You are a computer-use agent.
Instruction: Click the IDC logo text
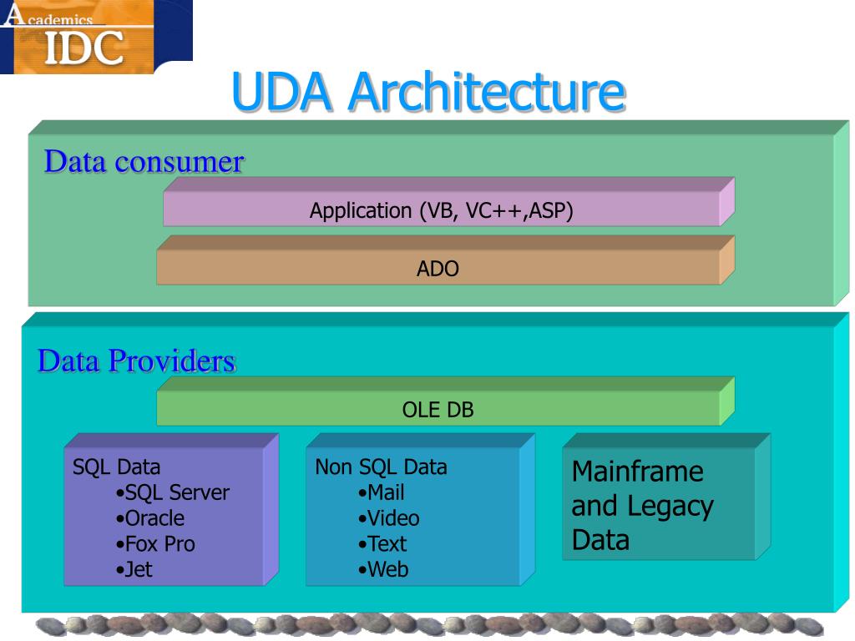point(84,48)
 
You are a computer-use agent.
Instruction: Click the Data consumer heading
point(144,161)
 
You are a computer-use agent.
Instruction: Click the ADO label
point(438,269)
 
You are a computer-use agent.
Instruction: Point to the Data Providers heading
point(136,361)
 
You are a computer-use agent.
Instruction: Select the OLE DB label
point(438,410)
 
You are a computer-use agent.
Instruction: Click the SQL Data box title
point(117,467)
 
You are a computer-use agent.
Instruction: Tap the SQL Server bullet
point(172,492)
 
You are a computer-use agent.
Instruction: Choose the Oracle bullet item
point(150,518)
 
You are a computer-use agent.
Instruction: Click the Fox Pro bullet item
point(155,544)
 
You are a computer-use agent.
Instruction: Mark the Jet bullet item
point(134,569)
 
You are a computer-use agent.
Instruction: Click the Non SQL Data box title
point(381,467)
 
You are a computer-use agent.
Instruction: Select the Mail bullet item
point(381,492)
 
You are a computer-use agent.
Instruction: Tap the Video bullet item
point(389,518)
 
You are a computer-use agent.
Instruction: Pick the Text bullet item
point(382,544)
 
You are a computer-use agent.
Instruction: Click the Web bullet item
point(383,569)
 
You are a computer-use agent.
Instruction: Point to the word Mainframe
point(637,471)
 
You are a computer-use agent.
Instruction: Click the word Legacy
point(670,507)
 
